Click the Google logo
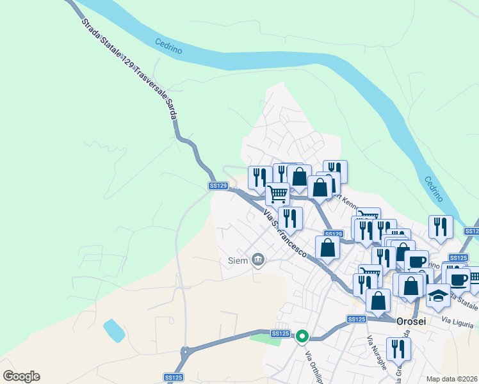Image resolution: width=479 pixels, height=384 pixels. (x=21, y=376)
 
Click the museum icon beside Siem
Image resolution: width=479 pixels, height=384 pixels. (x=257, y=260)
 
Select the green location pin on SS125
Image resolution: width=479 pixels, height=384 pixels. (x=302, y=335)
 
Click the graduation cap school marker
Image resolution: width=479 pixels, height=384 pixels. (x=439, y=296)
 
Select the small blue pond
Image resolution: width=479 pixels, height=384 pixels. (x=114, y=330)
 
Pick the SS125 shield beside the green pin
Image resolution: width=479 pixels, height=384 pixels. (x=280, y=334)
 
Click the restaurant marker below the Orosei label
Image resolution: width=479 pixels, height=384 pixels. (x=398, y=349)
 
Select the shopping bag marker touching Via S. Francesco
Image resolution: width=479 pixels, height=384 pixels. (x=327, y=248)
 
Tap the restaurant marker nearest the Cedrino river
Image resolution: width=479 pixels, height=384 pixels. (x=441, y=227)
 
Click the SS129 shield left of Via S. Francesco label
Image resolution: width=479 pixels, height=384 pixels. (x=218, y=186)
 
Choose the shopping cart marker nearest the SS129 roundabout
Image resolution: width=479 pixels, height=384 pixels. (x=277, y=193)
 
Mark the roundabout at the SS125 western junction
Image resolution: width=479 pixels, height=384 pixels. (x=187, y=351)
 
